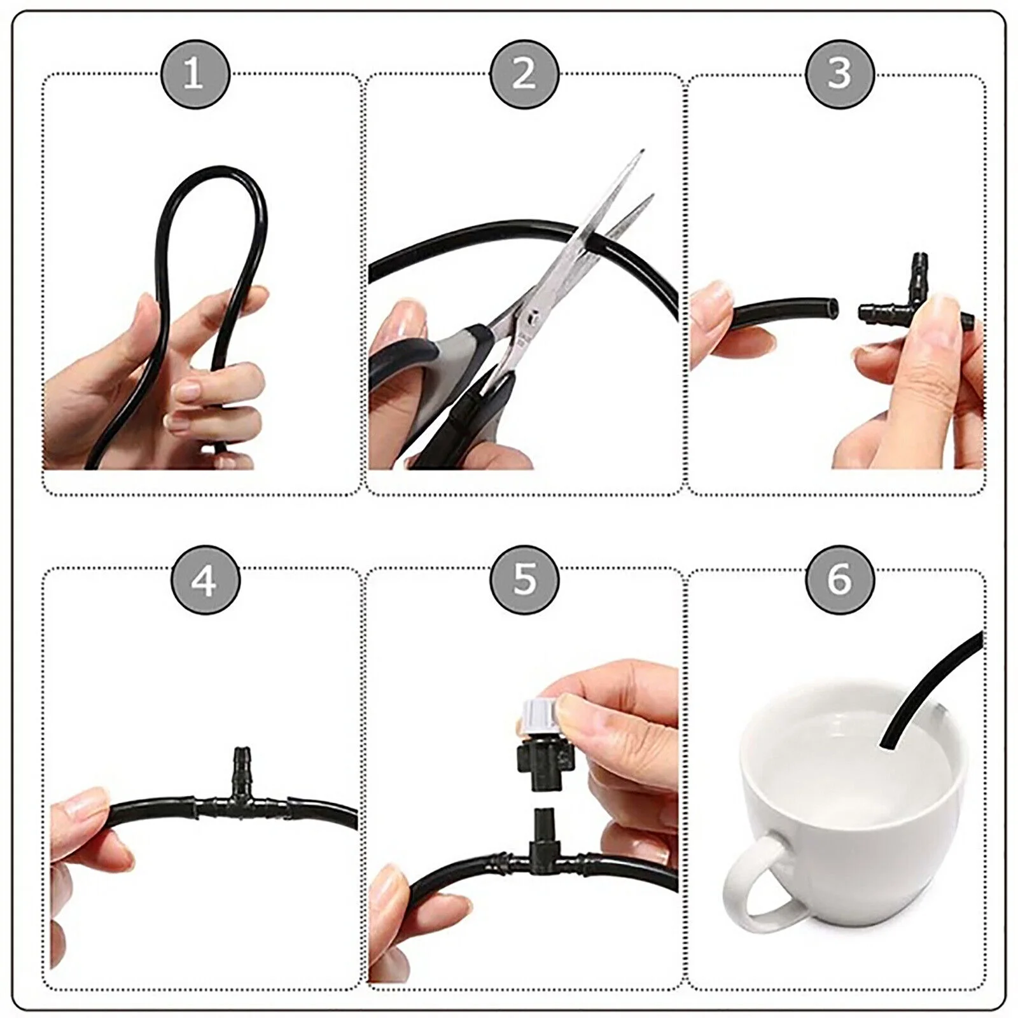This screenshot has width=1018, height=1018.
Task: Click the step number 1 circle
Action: (x=193, y=74)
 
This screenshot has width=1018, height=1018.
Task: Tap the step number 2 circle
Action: (x=524, y=74)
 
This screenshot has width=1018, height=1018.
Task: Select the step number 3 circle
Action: (x=840, y=74)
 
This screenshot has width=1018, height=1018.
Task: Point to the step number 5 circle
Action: (x=524, y=579)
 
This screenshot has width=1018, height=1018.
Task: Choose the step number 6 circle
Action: (x=840, y=579)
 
